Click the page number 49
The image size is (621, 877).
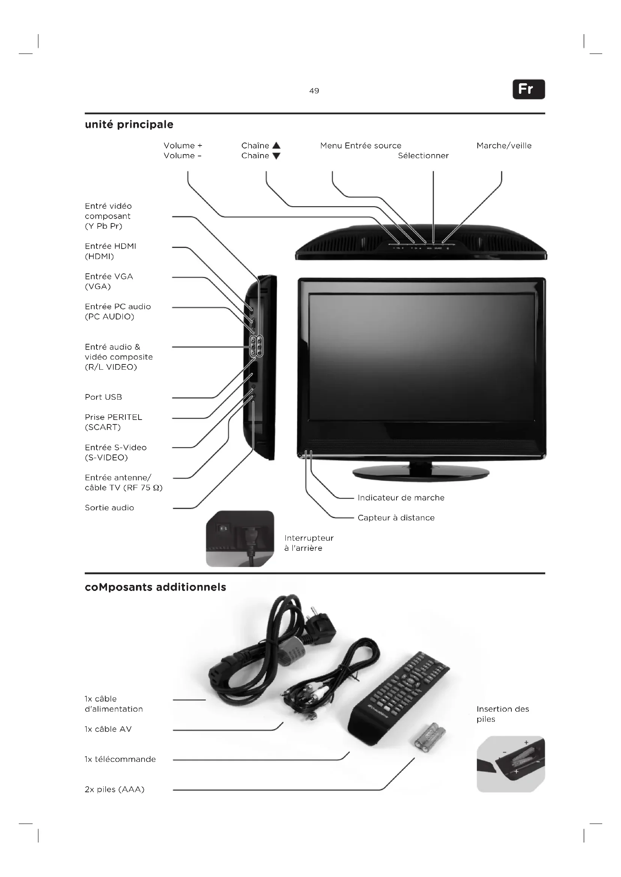(314, 91)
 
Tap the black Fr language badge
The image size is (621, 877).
(529, 89)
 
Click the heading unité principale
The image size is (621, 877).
(129, 124)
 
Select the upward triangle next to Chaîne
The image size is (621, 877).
(276, 145)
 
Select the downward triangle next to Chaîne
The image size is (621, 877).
(276, 156)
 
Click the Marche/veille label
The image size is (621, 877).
(503, 145)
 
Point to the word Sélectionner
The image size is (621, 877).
(423, 156)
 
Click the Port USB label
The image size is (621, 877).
(103, 397)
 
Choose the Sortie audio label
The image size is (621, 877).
(109, 508)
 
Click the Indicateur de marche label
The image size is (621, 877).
(401, 498)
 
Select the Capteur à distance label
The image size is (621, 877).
(396, 518)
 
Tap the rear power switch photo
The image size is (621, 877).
(240, 538)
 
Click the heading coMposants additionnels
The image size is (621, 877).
(155, 587)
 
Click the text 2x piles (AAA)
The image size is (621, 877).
(115, 790)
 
